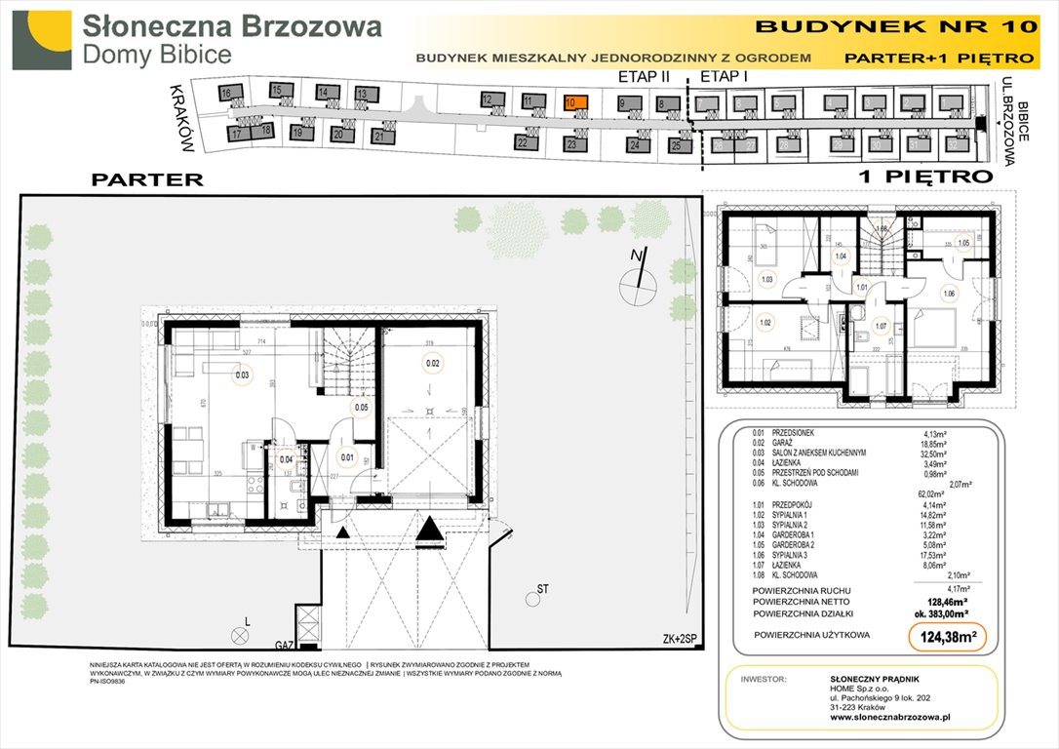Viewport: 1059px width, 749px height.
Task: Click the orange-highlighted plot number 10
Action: coord(575,101)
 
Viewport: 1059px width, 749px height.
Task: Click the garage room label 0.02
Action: coord(432,364)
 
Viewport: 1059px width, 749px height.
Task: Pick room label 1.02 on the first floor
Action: coord(765,322)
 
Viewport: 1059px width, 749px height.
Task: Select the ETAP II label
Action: coord(645,75)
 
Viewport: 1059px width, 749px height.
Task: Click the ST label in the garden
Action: coord(542,590)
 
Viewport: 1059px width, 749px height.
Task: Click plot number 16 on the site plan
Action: coord(225,94)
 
